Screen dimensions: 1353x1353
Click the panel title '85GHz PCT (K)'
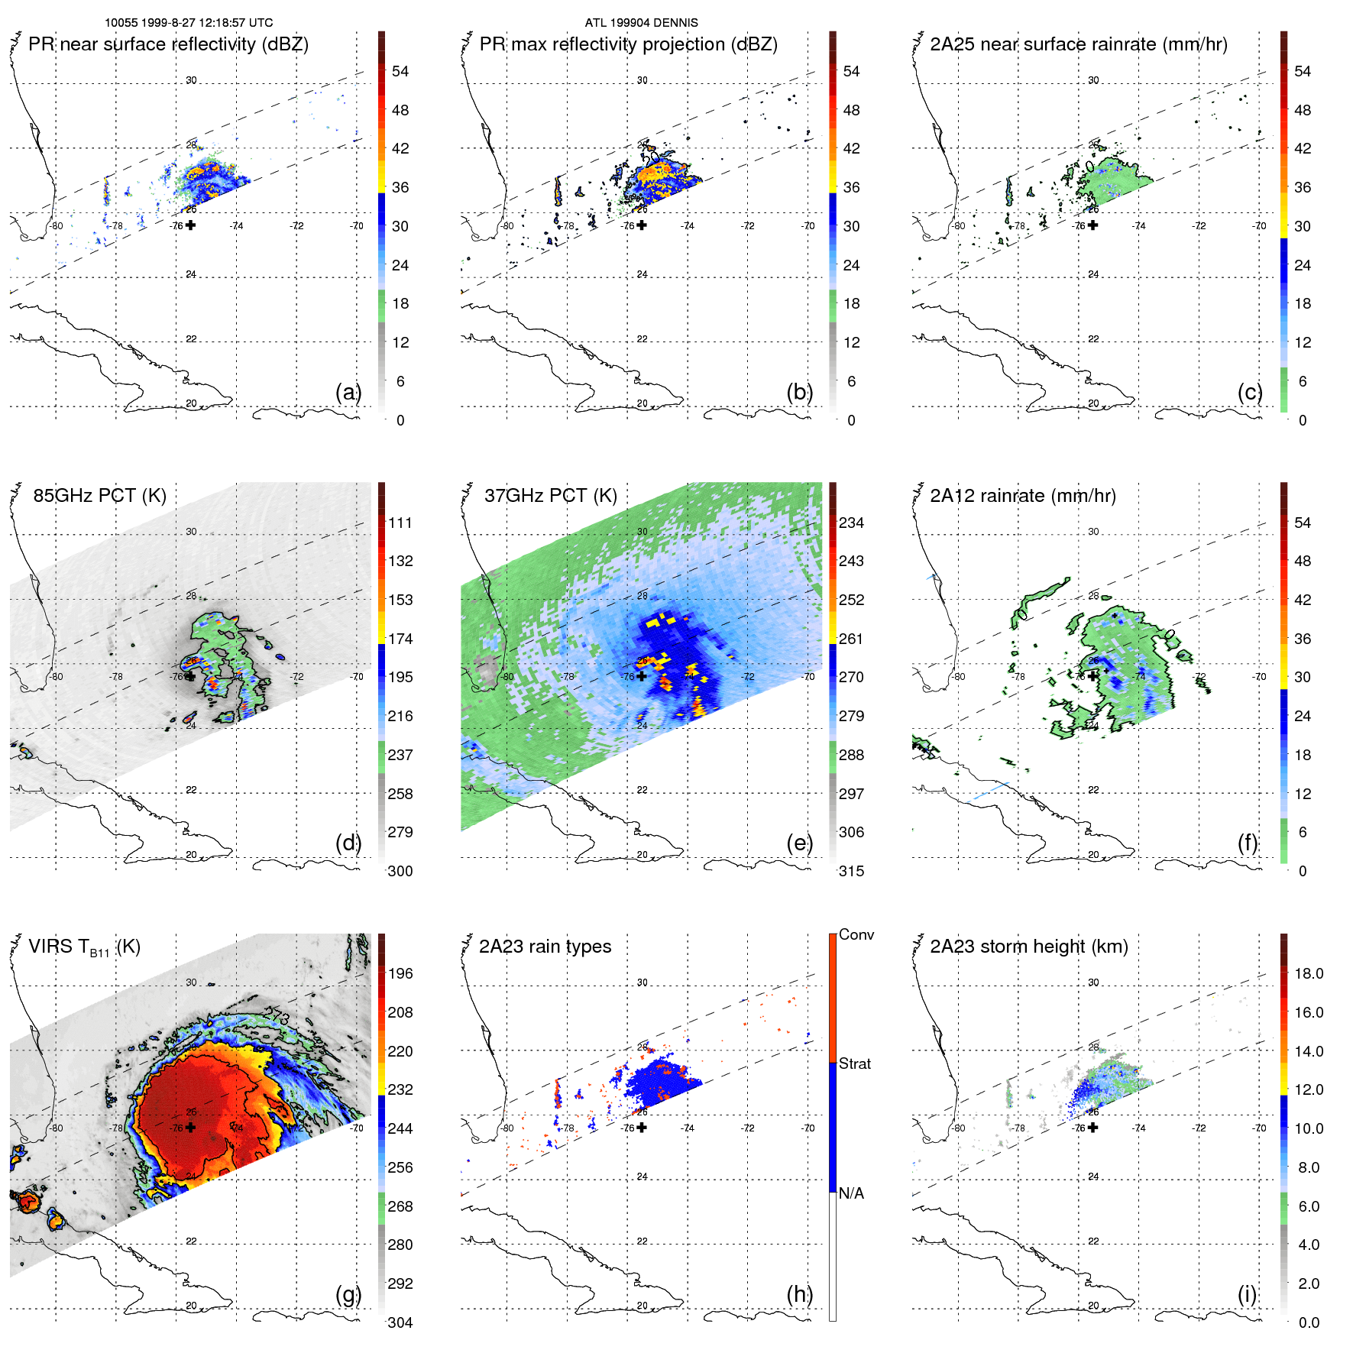coord(99,496)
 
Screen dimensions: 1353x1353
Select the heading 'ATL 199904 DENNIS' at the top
coord(641,23)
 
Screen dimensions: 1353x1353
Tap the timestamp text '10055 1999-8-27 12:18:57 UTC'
coord(189,23)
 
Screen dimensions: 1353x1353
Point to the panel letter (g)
coord(348,1294)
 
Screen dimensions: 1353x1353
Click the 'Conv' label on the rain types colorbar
coord(856,934)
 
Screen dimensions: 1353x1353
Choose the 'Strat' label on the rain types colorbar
coord(854,1063)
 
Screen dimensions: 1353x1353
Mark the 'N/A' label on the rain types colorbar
coord(851,1193)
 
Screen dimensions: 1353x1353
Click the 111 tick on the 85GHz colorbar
coord(400,523)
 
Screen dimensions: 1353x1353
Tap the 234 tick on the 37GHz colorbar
coord(851,523)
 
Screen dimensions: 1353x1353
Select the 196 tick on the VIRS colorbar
coord(400,973)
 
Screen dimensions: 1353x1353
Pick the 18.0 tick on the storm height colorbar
coord(1308,973)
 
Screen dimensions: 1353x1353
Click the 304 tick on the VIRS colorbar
coord(400,1322)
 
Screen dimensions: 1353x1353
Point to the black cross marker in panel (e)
coord(642,676)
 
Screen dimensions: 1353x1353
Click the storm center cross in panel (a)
coord(190,225)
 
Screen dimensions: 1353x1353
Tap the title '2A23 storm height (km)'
coord(1028,947)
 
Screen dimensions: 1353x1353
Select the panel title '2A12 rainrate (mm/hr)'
coord(1022,496)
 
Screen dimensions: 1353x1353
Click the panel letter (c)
coord(1250,392)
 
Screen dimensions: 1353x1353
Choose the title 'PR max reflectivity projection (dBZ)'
coord(628,44)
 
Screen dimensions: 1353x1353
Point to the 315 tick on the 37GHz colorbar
coord(851,871)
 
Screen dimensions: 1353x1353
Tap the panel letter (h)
coord(799,1294)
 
